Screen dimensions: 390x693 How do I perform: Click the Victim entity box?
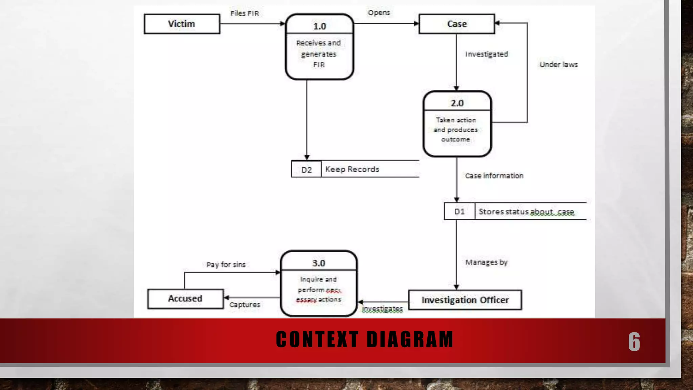click(x=182, y=24)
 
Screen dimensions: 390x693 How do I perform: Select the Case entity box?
click(x=456, y=24)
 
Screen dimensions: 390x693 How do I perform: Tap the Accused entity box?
click(x=185, y=299)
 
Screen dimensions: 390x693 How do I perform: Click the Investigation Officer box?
click(x=465, y=300)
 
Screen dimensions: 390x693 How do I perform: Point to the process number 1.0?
click(x=319, y=26)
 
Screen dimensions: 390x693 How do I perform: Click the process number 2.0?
click(x=457, y=103)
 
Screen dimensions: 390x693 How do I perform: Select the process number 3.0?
click(x=318, y=263)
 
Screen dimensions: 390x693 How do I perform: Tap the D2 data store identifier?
click(x=306, y=170)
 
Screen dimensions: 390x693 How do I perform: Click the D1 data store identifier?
click(x=459, y=212)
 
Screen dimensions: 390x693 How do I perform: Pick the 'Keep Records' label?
click(x=352, y=169)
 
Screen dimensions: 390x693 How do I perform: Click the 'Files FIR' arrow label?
click(x=244, y=13)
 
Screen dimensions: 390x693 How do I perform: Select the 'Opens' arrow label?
click(x=379, y=13)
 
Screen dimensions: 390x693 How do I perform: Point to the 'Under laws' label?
click(x=558, y=64)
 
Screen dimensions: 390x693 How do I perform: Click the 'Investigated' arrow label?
click(x=486, y=54)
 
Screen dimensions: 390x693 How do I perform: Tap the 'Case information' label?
click(x=494, y=176)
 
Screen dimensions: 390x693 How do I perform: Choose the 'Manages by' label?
click(x=486, y=262)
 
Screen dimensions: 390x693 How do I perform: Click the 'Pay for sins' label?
click(x=226, y=264)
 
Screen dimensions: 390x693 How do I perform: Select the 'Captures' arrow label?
click(x=244, y=305)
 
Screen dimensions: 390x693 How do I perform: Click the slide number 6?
click(x=634, y=342)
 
